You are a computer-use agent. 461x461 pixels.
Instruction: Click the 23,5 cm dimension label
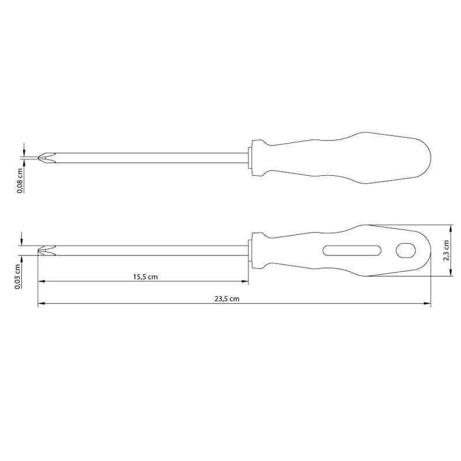coord(226,299)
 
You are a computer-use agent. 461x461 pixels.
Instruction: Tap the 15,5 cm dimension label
coord(145,277)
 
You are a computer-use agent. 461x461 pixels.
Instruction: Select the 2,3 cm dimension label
coord(446,251)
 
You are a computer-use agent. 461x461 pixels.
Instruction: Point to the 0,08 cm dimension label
coord(20,180)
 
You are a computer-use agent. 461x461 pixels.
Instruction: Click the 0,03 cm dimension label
coord(17,277)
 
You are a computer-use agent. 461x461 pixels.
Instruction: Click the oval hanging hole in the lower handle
coord(406,251)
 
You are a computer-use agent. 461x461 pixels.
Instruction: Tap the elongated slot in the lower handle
coord(352,251)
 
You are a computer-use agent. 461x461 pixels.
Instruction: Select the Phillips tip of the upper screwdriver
coord(47,158)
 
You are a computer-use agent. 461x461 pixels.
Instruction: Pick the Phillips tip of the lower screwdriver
coord(47,251)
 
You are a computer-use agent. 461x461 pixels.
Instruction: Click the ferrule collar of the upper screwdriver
coord(250,158)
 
